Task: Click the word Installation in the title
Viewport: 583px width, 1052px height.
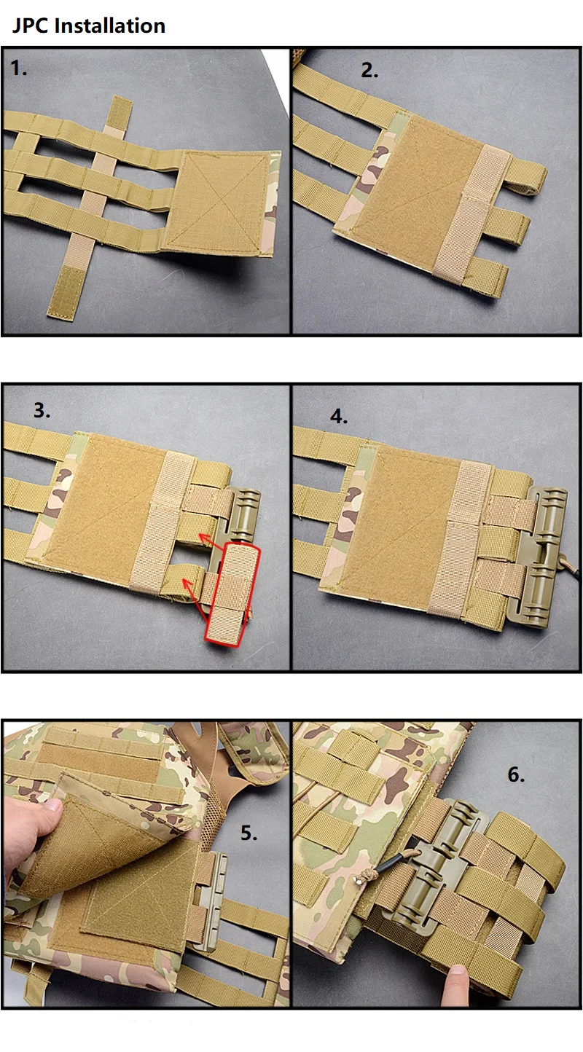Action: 110,25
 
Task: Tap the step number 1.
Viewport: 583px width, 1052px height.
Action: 18,68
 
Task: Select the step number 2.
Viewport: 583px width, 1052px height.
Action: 369,71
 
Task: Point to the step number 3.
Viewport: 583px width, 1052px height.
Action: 42,410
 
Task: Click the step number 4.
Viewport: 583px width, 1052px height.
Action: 339,416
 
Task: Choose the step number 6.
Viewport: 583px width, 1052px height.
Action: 516,774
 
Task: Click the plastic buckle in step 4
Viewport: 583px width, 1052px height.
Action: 541,557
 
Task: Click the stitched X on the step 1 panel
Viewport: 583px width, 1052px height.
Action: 219,202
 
